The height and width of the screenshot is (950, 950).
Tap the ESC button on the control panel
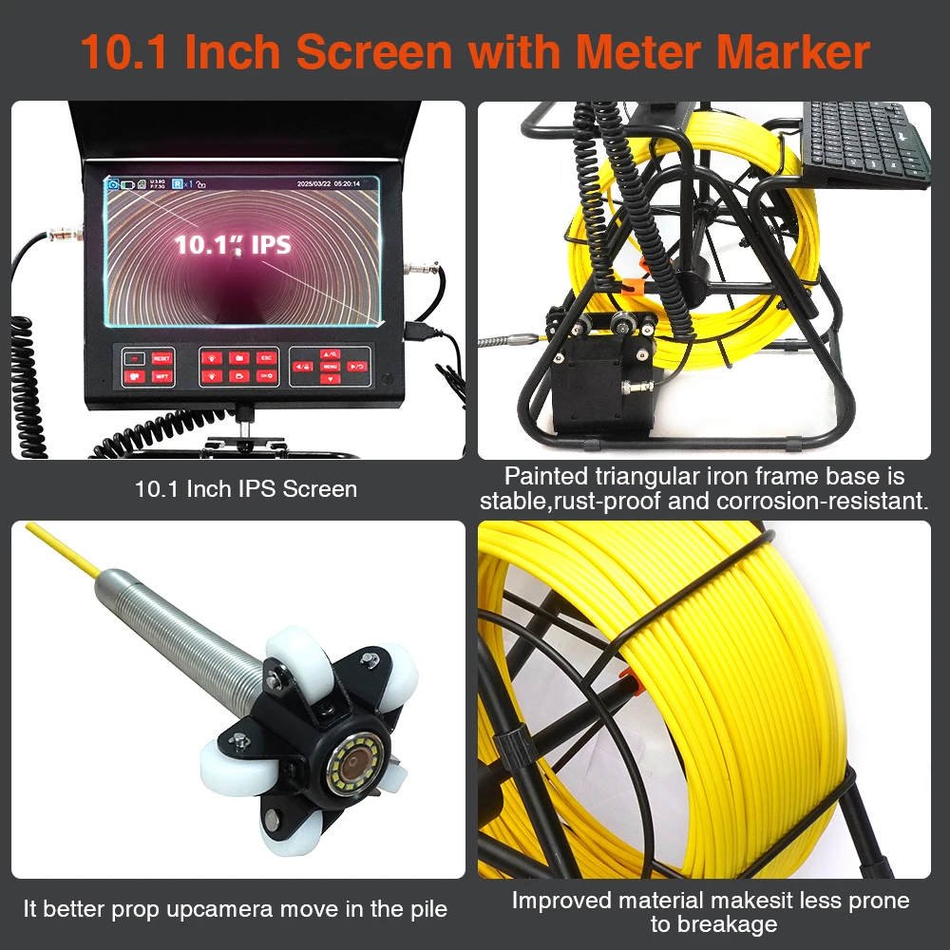pyautogui.click(x=267, y=358)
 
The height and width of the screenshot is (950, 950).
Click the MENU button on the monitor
pyautogui.click(x=330, y=366)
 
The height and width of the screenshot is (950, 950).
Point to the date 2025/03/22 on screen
pyautogui.click(x=313, y=183)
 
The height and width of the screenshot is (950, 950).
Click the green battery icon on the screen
pyautogui.click(x=127, y=183)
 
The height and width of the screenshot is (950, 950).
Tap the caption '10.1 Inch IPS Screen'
pyautogui.click(x=246, y=489)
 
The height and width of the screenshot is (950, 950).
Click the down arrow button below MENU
pyautogui.click(x=330, y=379)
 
